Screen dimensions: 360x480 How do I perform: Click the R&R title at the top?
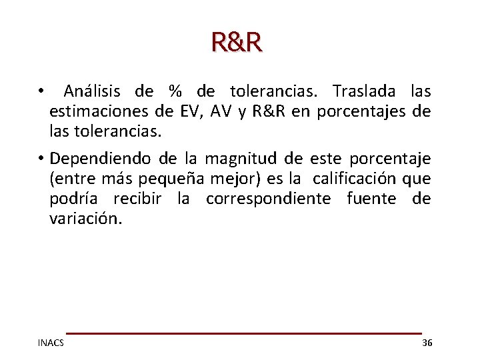pyautogui.click(x=237, y=42)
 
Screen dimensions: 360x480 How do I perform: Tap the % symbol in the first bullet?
pyautogui.click(x=175, y=91)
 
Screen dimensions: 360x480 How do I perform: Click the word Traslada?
pyautogui.click(x=363, y=91)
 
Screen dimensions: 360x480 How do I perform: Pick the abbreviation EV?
pyautogui.click(x=188, y=111)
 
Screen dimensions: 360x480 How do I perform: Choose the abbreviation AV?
pyautogui.click(x=223, y=111)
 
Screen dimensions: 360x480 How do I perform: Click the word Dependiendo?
pyautogui.click(x=100, y=159)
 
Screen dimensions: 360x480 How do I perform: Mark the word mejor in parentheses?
pyautogui.click(x=227, y=179)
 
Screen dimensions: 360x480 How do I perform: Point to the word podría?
pyautogui.click(x=73, y=199)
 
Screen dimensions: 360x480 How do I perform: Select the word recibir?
pyautogui.click(x=137, y=199)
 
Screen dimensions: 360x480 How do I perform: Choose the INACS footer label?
pyautogui.click(x=51, y=343)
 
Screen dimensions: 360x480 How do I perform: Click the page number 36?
pyautogui.click(x=427, y=343)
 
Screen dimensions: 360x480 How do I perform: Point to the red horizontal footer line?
pyautogui.click(x=243, y=333)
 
